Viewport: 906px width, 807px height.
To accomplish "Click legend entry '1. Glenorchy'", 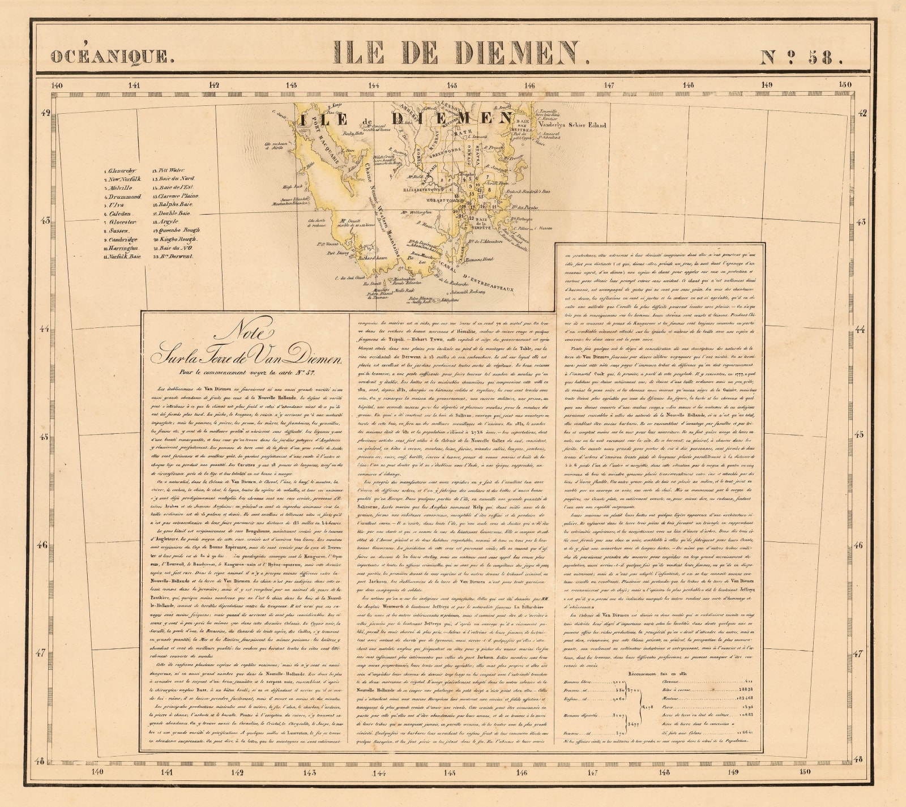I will (120, 170).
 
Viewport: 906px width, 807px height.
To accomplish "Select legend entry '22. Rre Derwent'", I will (173, 257).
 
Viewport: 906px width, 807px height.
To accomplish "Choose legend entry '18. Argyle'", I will (167, 222).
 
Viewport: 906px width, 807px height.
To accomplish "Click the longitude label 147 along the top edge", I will (609, 86).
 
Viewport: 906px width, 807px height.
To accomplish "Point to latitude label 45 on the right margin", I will (860, 435).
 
